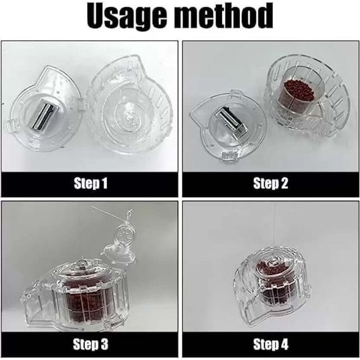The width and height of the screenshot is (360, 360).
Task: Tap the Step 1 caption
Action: pyautogui.click(x=89, y=183)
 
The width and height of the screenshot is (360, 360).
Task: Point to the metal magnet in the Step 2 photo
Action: pyautogui.click(x=228, y=119)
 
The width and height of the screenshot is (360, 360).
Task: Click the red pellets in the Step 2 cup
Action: pyautogui.click(x=298, y=90)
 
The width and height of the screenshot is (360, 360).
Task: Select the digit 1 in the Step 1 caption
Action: pyautogui.click(x=105, y=183)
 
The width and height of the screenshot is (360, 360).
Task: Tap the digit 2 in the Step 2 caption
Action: pyautogui.click(x=285, y=183)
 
